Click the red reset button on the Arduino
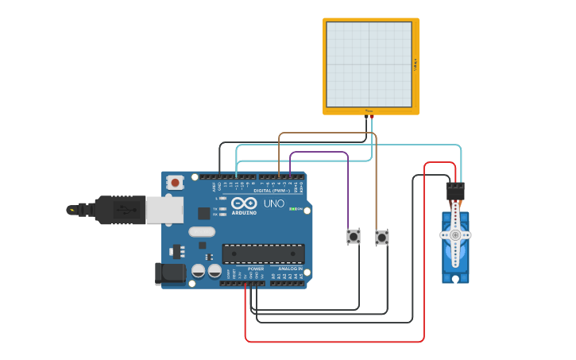coord(175,183)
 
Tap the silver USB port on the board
coord(164,210)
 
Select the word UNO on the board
coord(274,203)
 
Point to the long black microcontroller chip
coord(263,254)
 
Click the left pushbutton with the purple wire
coord(354,236)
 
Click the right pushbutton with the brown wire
coord(382,237)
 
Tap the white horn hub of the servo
coord(455,235)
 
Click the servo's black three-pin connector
coord(455,191)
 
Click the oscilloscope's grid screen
coord(369,64)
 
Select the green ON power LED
coord(294,209)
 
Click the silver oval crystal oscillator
coord(202,232)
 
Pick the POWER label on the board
coord(256,269)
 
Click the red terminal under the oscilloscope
coord(372,116)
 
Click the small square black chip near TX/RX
coord(204,213)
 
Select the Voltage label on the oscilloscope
coord(416,64)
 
